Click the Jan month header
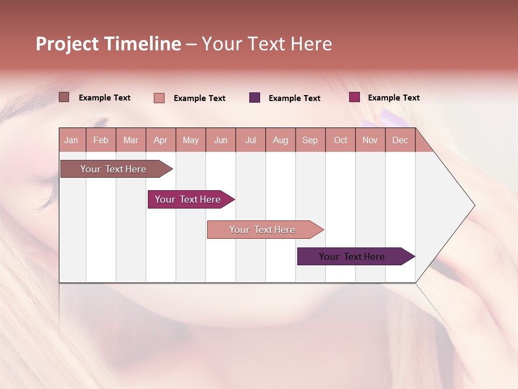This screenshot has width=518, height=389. (72, 140)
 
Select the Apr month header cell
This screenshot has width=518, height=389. (161, 140)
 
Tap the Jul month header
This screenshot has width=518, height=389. (251, 140)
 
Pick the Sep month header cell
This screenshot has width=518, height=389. (310, 140)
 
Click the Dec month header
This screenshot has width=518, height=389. (400, 140)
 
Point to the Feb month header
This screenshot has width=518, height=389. (101, 140)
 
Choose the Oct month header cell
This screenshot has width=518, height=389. (340, 140)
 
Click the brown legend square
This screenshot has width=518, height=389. (64, 97)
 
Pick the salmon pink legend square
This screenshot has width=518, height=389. (159, 98)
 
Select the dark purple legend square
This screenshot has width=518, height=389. (255, 98)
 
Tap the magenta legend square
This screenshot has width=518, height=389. (355, 97)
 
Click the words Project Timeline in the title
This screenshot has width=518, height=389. (108, 44)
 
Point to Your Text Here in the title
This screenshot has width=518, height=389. (267, 44)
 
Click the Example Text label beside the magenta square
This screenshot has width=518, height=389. (393, 98)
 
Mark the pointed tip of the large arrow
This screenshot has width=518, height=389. (474, 205)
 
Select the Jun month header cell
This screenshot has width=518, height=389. (221, 140)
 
